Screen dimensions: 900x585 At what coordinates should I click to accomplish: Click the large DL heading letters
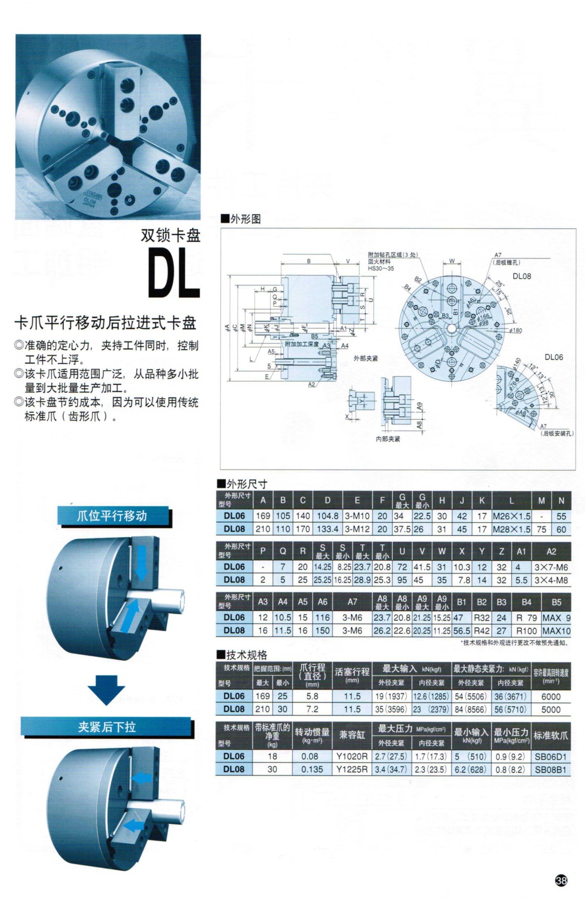tap(174, 274)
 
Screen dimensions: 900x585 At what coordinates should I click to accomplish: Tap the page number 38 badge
tap(561, 880)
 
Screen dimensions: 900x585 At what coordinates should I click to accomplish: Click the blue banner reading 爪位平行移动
tap(113, 516)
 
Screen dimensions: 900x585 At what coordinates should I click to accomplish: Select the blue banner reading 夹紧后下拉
tap(107, 727)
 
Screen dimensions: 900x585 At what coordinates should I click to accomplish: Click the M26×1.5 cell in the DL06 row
tap(511, 516)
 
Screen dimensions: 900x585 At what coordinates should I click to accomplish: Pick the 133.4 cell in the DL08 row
tap(328, 529)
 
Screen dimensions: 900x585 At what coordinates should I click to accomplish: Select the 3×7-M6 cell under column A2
tap(551, 567)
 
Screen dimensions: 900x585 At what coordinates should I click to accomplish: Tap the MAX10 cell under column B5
tap(556, 631)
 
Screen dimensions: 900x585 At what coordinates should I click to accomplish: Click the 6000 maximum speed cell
tap(551, 696)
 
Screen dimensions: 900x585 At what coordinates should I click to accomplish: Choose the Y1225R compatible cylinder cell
tap(352, 769)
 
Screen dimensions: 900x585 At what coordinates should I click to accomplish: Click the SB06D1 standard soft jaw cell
tap(551, 757)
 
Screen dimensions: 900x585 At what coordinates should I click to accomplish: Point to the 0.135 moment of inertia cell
tap(312, 769)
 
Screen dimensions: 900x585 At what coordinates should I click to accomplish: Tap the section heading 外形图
tap(242, 219)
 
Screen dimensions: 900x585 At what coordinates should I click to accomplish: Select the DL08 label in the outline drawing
tap(522, 276)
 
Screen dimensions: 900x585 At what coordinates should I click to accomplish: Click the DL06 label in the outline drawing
tap(553, 357)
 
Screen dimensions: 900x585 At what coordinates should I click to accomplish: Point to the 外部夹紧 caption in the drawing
tap(366, 359)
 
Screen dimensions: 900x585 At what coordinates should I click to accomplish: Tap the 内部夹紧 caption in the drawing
tap(388, 439)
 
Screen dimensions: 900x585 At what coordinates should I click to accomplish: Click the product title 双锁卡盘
tap(171, 236)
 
